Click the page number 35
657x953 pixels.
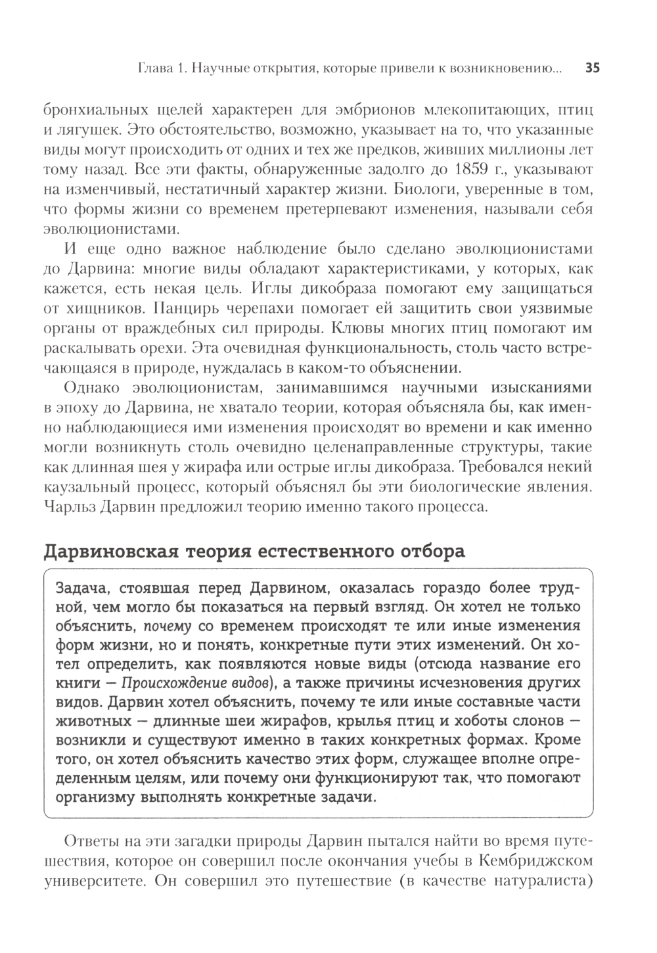[592, 68]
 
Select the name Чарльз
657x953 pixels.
[70, 509]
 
